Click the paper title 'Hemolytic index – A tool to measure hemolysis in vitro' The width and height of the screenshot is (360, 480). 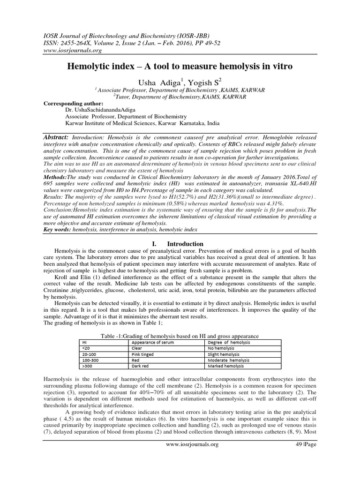180,67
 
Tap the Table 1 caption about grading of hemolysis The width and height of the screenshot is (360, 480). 180,336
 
